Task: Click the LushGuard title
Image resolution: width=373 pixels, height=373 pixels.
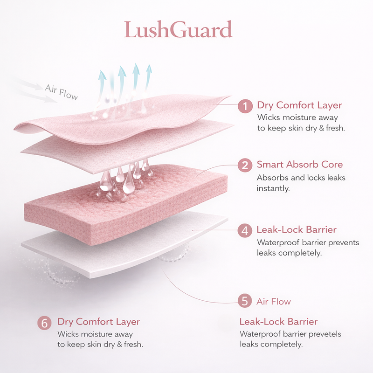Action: point(178,30)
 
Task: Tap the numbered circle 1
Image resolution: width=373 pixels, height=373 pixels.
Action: point(245,106)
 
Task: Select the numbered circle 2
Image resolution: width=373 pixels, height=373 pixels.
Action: point(245,165)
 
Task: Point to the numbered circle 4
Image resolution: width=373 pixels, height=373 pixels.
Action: point(245,230)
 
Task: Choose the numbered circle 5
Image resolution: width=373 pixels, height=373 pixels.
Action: point(245,301)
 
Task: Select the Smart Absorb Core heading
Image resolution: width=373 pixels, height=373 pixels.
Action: point(299,165)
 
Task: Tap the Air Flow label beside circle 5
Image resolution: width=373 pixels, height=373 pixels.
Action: point(274,302)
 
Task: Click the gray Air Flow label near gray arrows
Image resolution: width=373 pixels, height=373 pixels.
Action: point(61,91)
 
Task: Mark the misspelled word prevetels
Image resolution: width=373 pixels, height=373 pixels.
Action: point(325,334)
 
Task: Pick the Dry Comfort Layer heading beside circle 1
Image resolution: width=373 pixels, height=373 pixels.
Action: point(299,105)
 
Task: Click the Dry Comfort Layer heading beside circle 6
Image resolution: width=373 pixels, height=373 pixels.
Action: point(98,322)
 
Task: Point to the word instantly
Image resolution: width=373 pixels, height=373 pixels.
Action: point(272,188)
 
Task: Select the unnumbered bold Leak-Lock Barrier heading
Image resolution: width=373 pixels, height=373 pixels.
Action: point(278,322)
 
